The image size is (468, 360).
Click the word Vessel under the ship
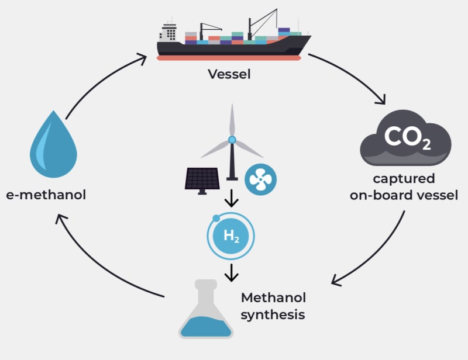(x=229, y=75)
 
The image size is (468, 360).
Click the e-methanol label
(x=46, y=195)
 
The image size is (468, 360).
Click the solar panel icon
(x=202, y=178)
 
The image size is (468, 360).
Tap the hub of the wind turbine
(x=232, y=140)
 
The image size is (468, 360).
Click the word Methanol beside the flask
(x=274, y=297)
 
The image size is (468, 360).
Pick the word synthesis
(x=273, y=314)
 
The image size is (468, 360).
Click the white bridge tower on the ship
(x=169, y=33)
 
